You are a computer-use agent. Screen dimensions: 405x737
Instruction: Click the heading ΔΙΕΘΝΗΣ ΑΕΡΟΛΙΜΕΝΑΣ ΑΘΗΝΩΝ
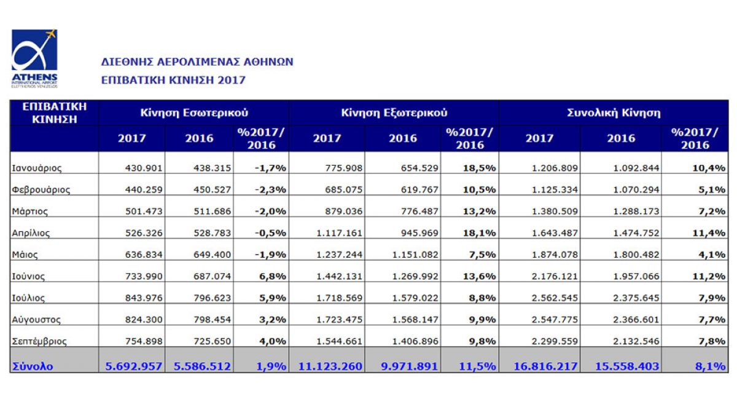[197, 61]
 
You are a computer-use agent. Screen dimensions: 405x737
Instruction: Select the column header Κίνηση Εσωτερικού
[193, 113]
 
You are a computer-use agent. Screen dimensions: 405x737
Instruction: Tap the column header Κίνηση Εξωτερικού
[394, 113]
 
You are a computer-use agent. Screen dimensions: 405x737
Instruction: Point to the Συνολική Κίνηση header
[612, 113]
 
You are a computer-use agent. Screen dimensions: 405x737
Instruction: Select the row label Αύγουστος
[36, 319]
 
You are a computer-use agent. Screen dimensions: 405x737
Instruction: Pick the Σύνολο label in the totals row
[32, 366]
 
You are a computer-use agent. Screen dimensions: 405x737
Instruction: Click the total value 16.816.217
[539, 366]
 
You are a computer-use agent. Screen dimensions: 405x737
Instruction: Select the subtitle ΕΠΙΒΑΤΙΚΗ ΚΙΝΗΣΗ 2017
[173, 80]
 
